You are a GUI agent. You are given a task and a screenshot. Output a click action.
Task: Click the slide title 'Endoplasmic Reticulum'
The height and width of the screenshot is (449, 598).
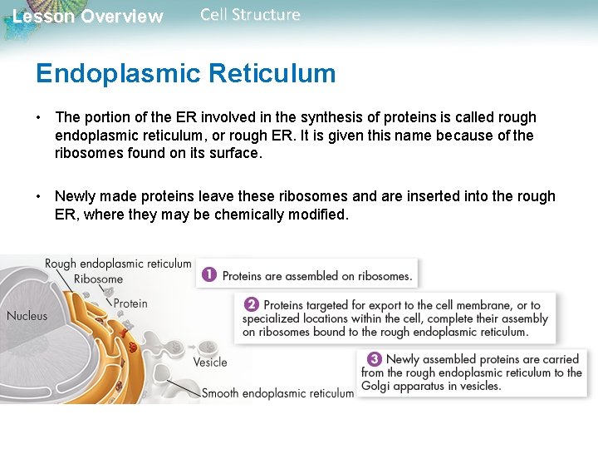pos(185,73)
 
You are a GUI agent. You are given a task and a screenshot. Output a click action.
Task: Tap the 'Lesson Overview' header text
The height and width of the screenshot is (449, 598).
pos(88,17)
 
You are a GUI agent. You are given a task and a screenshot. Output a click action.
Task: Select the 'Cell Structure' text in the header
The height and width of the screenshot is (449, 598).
pos(250,15)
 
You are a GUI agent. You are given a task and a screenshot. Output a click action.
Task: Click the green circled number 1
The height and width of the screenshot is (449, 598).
pos(209,274)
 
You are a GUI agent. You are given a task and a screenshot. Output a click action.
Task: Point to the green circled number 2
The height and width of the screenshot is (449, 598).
pos(251,305)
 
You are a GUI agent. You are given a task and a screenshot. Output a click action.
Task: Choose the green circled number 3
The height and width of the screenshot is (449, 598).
pos(375,359)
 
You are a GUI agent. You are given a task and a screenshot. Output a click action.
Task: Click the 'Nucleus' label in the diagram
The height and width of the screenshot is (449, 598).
pos(27,315)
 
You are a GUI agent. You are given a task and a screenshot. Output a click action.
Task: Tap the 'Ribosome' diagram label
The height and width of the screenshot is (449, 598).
pos(98,279)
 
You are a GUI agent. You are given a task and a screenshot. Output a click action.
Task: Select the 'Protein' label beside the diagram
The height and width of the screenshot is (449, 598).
pos(130,303)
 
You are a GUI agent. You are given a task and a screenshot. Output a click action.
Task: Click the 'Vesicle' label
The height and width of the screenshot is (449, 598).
pos(210,362)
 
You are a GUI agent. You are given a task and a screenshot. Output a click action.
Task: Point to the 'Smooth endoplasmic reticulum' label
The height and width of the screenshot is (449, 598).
pos(277,392)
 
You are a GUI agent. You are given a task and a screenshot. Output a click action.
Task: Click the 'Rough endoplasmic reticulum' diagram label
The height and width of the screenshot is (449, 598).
pos(118,264)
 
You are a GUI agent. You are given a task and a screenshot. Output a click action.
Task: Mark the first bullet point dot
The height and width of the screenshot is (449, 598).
pos(39,117)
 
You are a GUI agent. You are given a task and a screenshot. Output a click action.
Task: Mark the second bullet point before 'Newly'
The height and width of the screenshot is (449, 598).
pos(39,196)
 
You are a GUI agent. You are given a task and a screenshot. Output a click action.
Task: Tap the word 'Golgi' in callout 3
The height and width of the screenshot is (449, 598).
pos(376,386)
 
